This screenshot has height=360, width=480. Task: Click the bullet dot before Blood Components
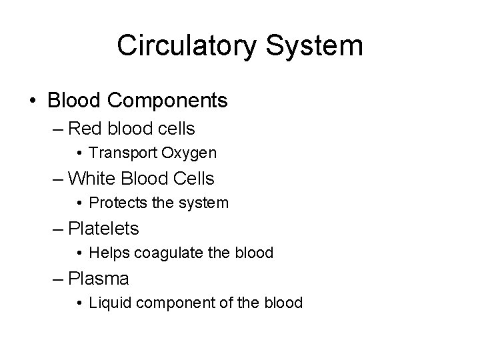coord(33,101)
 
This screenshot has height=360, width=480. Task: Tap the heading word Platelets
coord(103,229)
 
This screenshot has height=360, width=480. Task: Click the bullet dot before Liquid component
coord(79,303)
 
